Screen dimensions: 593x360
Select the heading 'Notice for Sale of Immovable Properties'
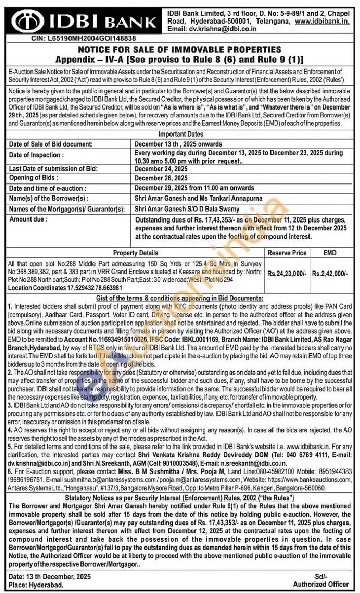[x=180, y=49]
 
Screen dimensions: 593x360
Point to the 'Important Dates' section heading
[x=180, y=134]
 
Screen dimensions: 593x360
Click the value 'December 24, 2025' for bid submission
[x=161, y=169]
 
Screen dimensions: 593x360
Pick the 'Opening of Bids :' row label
[x=34, y=178]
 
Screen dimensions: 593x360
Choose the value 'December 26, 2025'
[x=161, y=178]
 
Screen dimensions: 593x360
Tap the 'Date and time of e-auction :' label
[x=48, y=188]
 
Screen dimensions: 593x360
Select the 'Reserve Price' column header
[x=287, y=253]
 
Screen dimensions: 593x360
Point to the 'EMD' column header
[x=330, y=253]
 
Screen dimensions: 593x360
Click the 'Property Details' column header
[x=136, y=253]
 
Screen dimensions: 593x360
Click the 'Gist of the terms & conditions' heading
[x=180, y=298]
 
